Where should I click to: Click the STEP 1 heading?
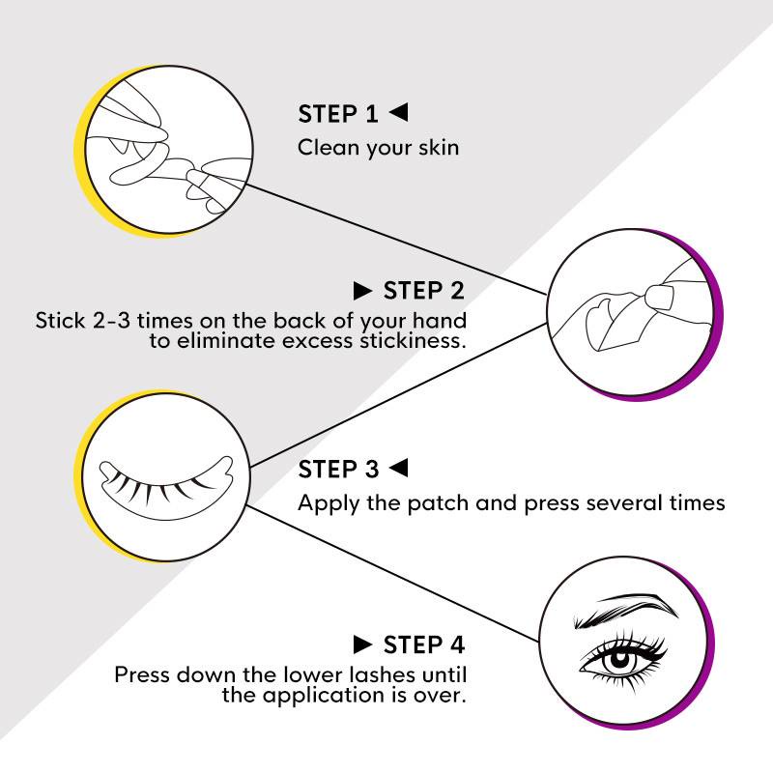click(x=337, y=114)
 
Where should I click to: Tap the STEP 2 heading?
click(x=424, y=291)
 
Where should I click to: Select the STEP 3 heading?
click(x=338, y=469)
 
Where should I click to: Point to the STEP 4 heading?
click(x=424, y=644)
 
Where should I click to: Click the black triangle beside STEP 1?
click(x=399, y=112)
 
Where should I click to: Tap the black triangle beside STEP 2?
click(x=362, y=291)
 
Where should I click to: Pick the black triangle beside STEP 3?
click(x=399, y=468)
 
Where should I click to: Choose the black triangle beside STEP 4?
click(x=362, y=644)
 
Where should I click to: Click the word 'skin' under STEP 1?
click(x=439, y=148)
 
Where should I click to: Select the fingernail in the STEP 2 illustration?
click(x=660, y=298)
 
